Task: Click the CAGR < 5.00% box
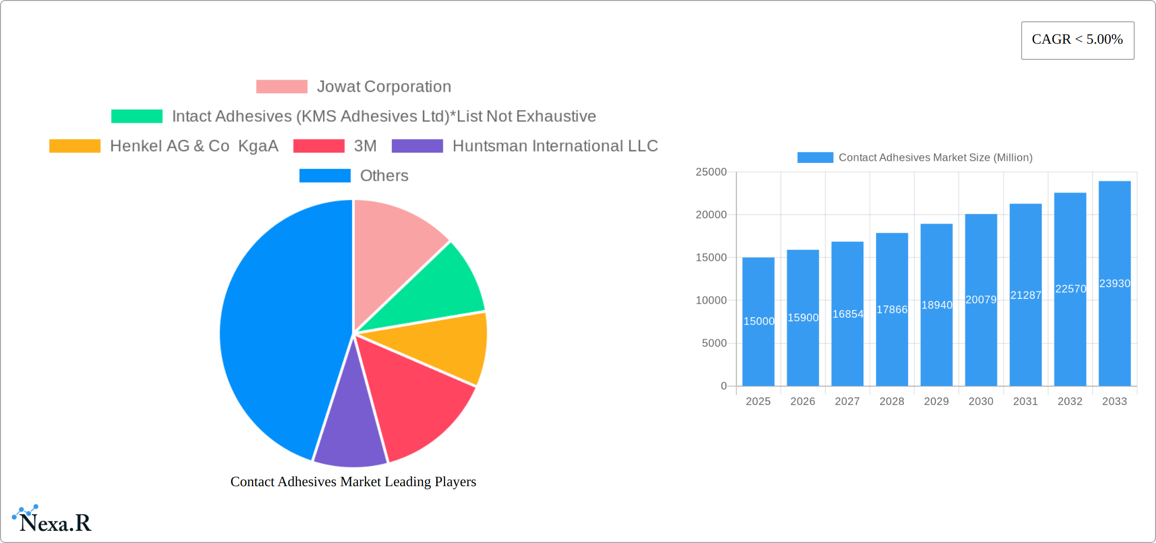click(x=1077, y=40)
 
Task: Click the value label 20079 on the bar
click(x=981, y=300)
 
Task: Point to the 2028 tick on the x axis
click(x=892, y=401)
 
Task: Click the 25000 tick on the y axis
click(x=711, y=172)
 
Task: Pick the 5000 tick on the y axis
click(x=714, y=344)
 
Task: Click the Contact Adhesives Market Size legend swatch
click(x=815, y=158)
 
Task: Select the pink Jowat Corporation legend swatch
click(x=281, y=87)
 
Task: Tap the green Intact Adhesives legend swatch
click(x=137, y=116)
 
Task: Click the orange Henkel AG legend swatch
click(x=75, y=146)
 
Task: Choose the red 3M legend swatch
click(x=318, y=146)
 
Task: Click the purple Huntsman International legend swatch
click(x=417, y=146)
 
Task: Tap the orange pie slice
click(x=446, y=348)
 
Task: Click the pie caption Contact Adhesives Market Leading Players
click(x=353, y=482)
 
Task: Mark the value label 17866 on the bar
click(x=892, y=310)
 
